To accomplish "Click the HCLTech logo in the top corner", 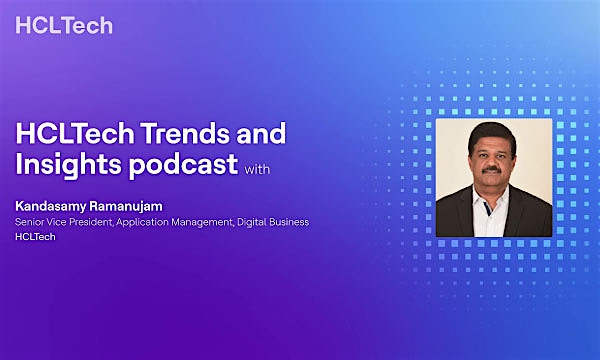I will click(64, 25).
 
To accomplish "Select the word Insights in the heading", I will click(65, 163).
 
